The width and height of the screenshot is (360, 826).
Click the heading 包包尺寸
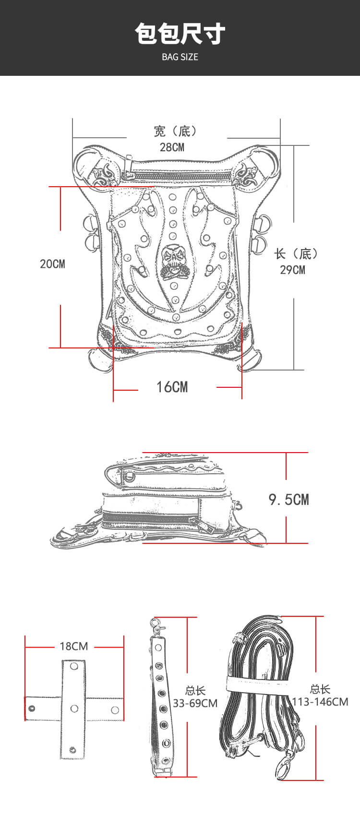[x=180, y=34]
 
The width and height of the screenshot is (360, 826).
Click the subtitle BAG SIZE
[x=180, y=57]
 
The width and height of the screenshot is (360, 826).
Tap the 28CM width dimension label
[x=172, y=147]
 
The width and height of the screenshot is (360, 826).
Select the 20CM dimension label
[x=52, y=263]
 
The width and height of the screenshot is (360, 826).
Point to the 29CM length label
[x=292, y=269]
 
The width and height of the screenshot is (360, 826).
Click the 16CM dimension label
[x=172, y=387]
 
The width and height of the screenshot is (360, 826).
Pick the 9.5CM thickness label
[x=288, y=500]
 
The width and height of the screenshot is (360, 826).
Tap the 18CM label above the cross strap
[x=74, y=646]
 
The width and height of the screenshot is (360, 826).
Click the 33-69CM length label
[x=195, y=703]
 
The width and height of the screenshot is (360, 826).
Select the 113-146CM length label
[x=320, y=702]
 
